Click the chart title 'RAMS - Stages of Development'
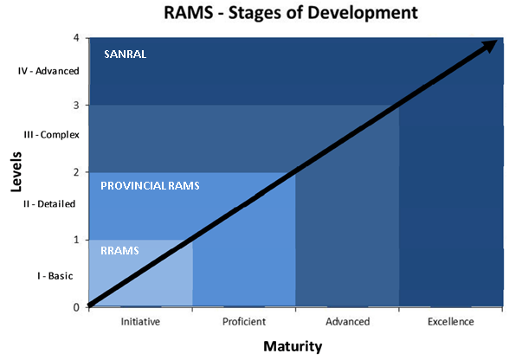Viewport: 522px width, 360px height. click(291, 13)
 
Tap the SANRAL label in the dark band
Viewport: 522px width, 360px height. click(126, 55)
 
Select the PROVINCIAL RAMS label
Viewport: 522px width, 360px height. click(150, 186)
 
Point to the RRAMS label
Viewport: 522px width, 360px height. click(119, 251)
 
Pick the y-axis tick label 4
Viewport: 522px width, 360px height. click(76, 38)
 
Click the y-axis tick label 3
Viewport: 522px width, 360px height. click(76, 105)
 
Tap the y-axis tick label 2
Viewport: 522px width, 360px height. click(76, 172)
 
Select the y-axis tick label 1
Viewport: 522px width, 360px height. click(76, 240)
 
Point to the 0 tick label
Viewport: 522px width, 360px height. click(76, 307)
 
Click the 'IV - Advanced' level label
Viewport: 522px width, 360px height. click(48, 71)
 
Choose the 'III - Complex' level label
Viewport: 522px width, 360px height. click(52, 135)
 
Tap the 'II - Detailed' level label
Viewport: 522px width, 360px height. click(49, 203)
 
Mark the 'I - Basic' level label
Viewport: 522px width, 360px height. click(55, 276)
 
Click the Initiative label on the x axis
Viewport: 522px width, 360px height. click(140, 322)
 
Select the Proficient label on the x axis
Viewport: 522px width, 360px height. click(244, 322)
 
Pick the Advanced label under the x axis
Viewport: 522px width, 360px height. click(347, 322)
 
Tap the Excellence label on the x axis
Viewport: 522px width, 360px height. click(451, 322)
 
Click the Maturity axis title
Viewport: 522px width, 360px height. click(293, 346)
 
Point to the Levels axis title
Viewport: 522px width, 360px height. click(16, 171)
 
